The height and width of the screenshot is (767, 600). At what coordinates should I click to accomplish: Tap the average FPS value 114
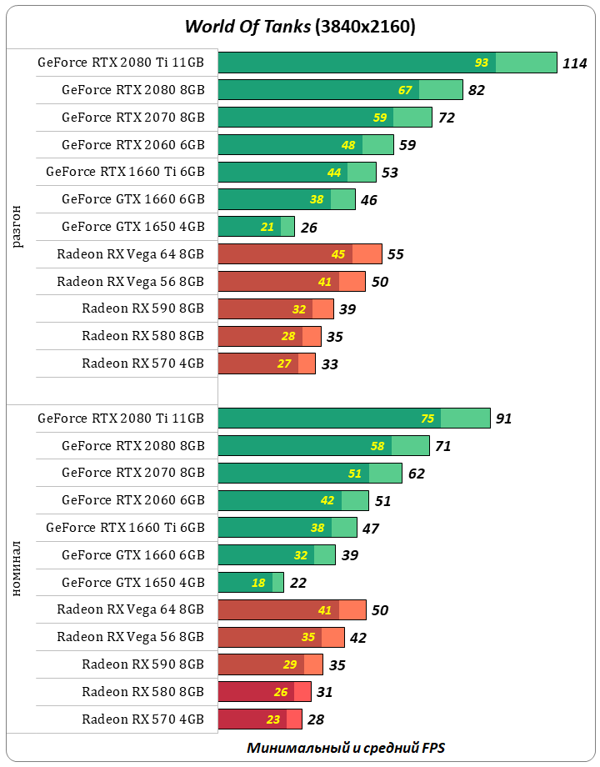(x=574, y=63)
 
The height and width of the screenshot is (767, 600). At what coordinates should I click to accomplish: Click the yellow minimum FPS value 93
(x=482, y=63)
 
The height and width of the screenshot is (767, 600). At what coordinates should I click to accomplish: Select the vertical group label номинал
(x=17, y=569)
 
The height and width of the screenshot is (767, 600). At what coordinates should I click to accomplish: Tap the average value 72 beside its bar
(x=447, y=118)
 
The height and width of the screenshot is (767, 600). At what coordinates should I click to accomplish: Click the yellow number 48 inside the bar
(x=348, y=145)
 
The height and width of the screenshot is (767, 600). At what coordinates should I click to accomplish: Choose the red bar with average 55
(x=299, y=254)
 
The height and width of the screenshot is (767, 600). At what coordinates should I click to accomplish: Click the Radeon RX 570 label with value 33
(x=142, y=363)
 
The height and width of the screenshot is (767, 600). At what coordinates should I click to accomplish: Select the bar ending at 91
(x=353, y=419)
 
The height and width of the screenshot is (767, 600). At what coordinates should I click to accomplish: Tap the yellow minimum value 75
(x=427, y=419)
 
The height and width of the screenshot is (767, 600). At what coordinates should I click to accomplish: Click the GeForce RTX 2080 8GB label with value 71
(x=132, y=446)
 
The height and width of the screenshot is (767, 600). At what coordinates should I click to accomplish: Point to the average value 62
(x=417, y=474)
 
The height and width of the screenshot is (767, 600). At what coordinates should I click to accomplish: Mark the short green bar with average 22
(x=250, y=583)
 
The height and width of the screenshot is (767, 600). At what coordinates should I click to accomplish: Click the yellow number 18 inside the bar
(x=258, y=583)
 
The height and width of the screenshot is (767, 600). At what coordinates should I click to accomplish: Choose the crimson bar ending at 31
(x=264, y=692)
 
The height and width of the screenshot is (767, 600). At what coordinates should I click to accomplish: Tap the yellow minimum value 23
(x=273, y=719)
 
